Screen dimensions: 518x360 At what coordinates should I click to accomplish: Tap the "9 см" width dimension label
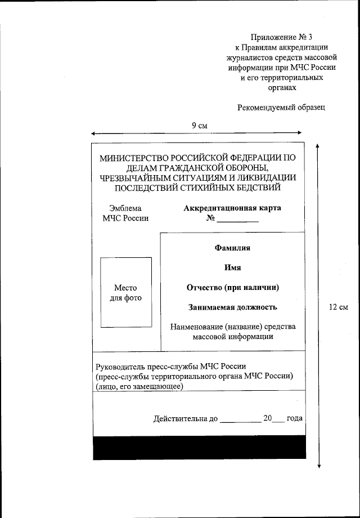[x=199, y=125]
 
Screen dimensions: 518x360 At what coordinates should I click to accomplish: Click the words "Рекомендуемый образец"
[x=281, y=107]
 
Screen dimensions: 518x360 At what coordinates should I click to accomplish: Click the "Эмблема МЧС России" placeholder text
[x=125, y=213]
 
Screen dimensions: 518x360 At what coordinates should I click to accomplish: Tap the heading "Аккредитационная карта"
[x=232, y=208]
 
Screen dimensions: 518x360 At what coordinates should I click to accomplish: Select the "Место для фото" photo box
[x=125, y=292]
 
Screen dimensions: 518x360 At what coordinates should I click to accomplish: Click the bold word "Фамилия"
[x=232, y=247]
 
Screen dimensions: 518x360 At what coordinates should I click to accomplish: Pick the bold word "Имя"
[x=232, y=267]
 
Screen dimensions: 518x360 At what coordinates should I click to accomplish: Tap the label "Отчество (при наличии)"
[x=233, y=287]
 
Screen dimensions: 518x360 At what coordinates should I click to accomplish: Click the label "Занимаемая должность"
[x=232, y=307]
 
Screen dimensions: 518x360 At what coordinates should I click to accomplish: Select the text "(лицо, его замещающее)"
[x=139, y=386]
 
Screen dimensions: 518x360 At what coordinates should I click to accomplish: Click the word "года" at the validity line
[x=294, y=418]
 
